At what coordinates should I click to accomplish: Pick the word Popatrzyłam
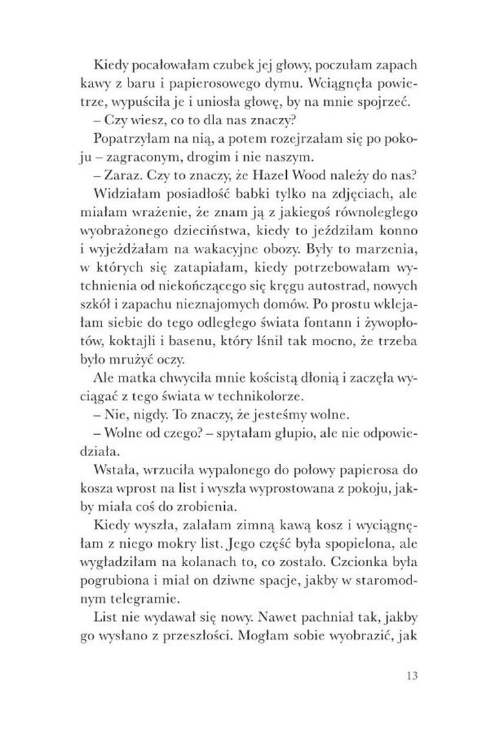tap(124, 120)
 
